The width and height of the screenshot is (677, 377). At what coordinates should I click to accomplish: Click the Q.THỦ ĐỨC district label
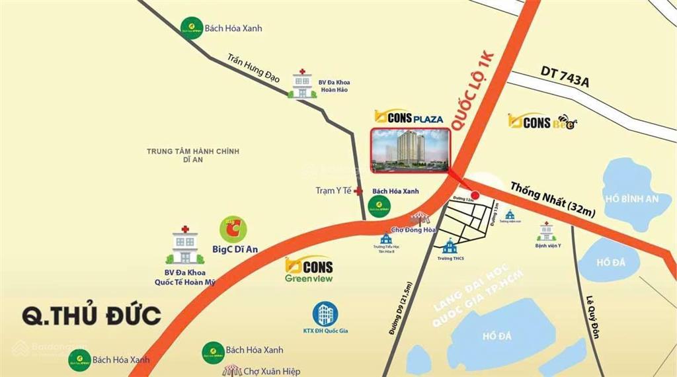[x=92, y=315]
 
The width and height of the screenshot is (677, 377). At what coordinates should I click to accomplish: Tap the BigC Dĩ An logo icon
[x=233, y=230]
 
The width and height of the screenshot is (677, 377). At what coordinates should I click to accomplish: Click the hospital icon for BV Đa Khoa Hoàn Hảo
[x=302, y=83]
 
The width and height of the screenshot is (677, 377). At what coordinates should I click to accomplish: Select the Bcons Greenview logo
[x=309, y=270]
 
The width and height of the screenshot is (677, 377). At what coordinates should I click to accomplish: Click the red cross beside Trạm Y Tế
[x=358, y=191]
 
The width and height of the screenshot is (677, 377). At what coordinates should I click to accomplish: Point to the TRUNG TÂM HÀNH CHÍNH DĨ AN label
[x=193, y=156]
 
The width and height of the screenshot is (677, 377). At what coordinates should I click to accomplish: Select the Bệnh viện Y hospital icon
[x=547, y=231]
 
